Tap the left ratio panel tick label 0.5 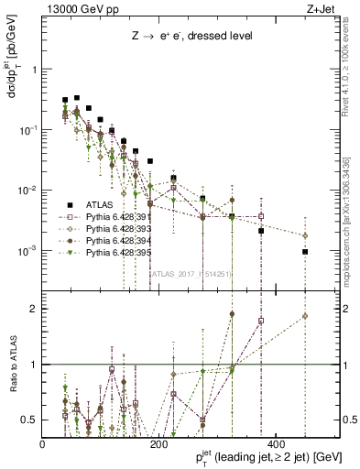[29, 420]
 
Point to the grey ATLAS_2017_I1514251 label [191, 273]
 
